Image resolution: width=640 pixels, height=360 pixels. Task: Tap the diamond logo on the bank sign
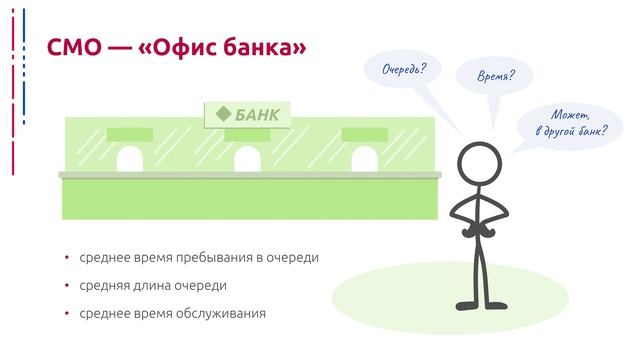click(223, 113)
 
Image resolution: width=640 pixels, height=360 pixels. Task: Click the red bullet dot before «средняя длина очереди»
click(67, 285)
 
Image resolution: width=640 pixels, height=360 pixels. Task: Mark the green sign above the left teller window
click(131, 134)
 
